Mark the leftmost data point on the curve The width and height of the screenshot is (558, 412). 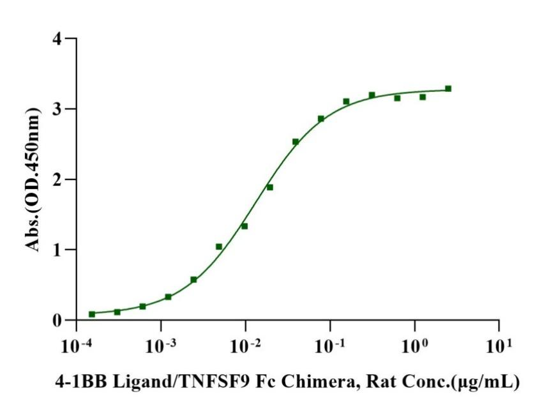pyautogui.click(x=92, y=314)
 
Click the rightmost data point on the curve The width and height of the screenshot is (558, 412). pyautogui.click(x=448, y=89)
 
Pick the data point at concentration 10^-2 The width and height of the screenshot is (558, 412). pyautogui.click(x=245, y=226)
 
